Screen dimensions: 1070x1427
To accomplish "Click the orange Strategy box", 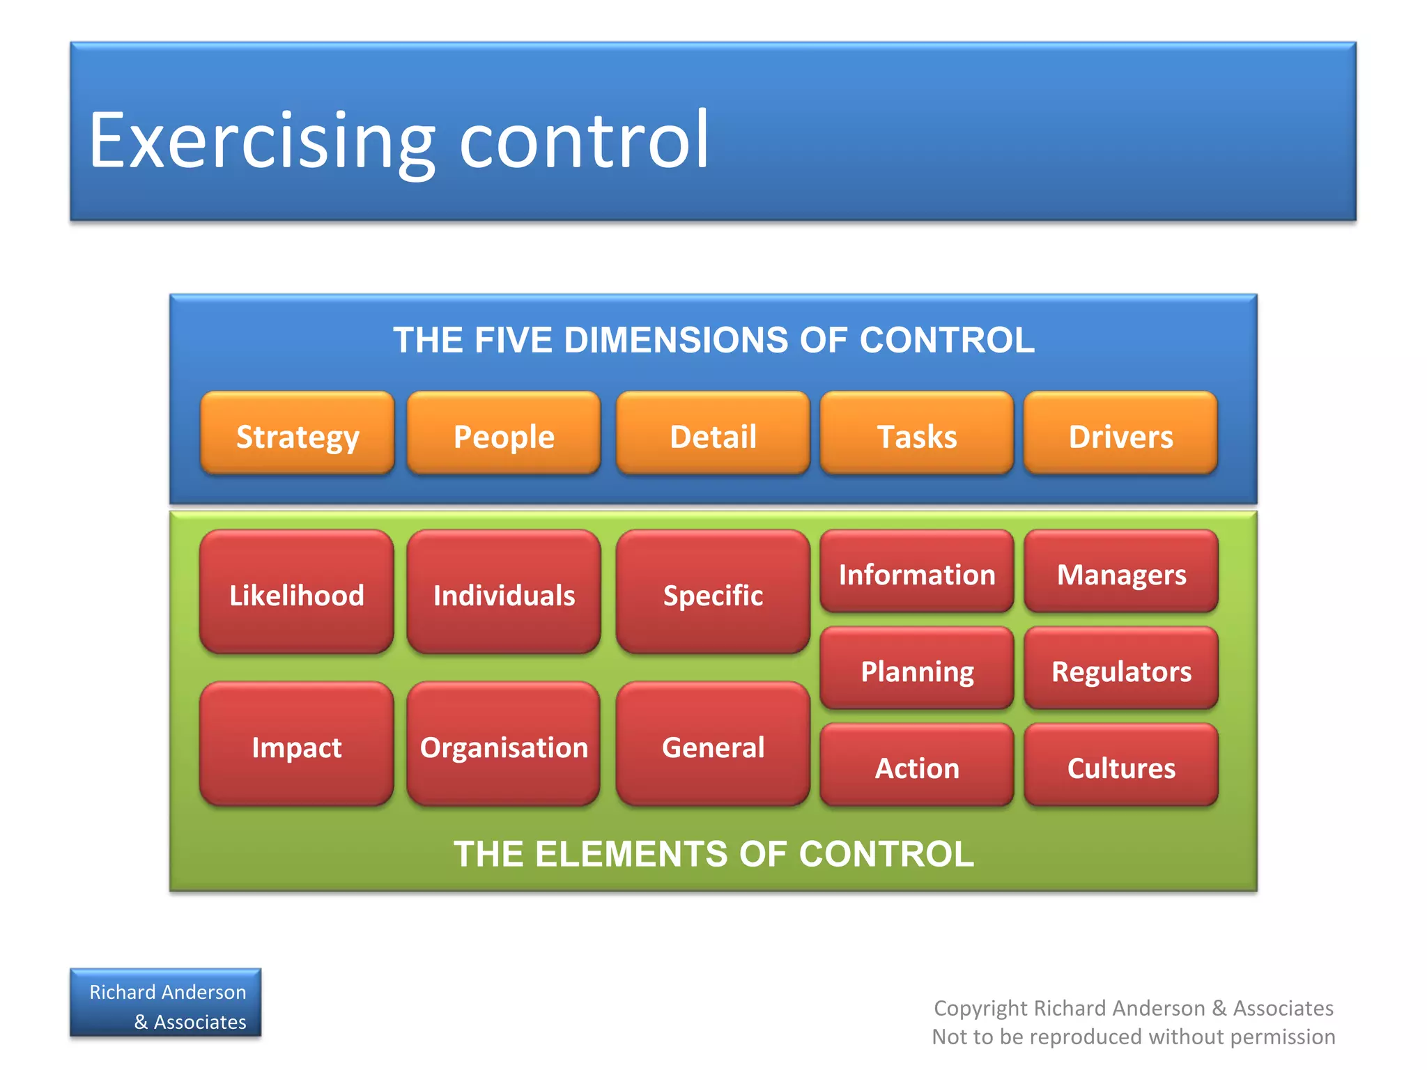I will (x=298, y=433).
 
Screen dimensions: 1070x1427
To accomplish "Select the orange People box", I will (x=504, y=433).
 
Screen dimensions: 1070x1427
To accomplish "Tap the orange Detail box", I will (x=713, y=433).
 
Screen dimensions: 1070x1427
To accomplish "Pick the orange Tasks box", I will (x=917, y=433).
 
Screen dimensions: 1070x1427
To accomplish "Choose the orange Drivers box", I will (x=1120, y=433).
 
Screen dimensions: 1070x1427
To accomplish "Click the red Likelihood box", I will (x=297, y=592).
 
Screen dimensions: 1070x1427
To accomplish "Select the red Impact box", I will (x=297, y=744).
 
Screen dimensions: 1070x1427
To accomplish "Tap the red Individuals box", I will (x=504, y=592).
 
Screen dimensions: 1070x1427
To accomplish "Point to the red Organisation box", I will (x=504, y=744).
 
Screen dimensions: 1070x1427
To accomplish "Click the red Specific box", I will (x=713, y=592).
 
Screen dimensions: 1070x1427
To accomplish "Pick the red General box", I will (x=713, y=744).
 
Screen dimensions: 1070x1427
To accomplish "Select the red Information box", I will (x=917, y=572).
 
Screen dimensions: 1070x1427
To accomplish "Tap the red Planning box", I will (x=917, y=668).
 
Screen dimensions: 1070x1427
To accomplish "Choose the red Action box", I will (x=917, y=765).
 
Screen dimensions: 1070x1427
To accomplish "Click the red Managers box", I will (x=1121, y=572).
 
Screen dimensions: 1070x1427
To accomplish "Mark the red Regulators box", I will (x=1121, y=668).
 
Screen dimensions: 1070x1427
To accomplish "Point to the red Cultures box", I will (x=1121, y=765).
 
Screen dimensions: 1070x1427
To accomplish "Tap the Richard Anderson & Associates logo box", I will (x=166, y=1003).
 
